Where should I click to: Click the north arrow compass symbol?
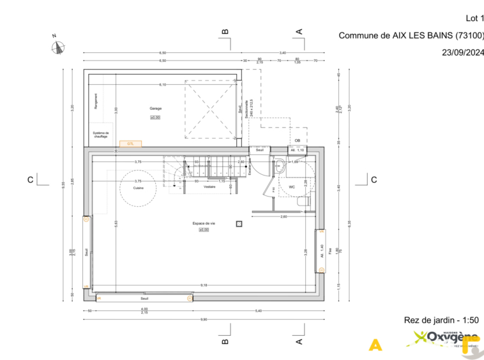59,45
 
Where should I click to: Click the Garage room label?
156,109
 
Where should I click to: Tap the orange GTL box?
131,144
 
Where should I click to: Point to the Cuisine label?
138,188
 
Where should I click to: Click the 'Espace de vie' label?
204,223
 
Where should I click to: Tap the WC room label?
292,187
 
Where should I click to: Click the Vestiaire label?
209,187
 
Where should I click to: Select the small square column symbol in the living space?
239,223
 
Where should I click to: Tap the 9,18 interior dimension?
203,285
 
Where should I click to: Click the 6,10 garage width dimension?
163,85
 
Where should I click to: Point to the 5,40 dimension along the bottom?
259,310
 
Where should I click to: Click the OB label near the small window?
297,140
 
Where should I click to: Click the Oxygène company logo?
444,338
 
